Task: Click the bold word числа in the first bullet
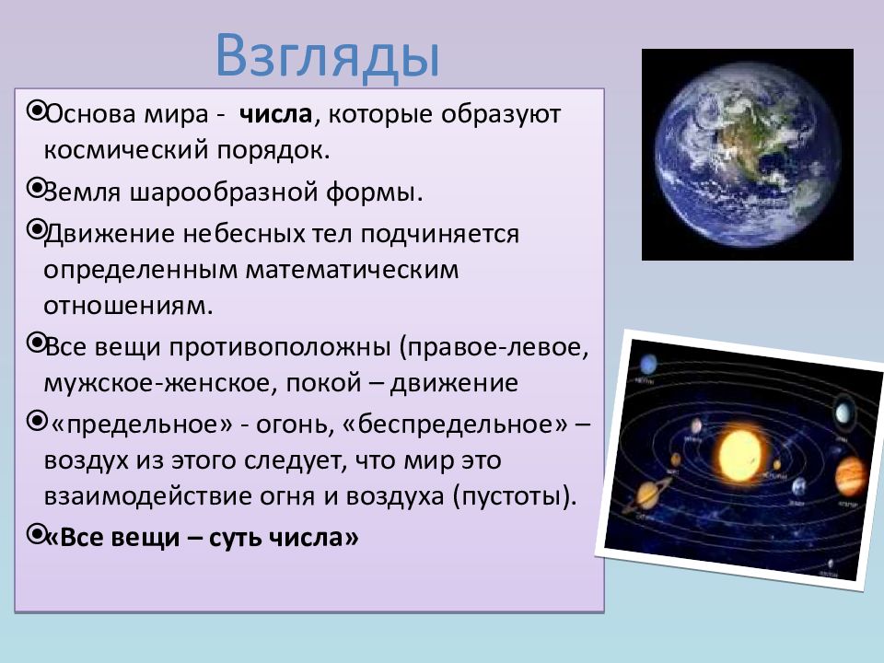coord(275,114)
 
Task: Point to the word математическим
coord(352,270)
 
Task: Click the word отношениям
coord(129,306)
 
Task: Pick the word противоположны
coord(280,347)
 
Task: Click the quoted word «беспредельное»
coord(454,424)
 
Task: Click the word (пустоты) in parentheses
coord(515,496)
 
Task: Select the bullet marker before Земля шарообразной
coord(37,188)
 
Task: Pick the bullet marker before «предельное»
coord(37,420)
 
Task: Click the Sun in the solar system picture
coord(739,454)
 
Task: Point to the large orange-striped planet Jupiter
coord(850,476)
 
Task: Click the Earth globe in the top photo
coord(748,154)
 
